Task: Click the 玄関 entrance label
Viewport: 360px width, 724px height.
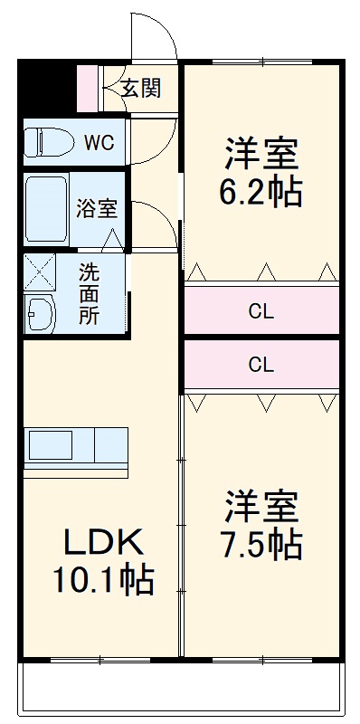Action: tap(142, 89)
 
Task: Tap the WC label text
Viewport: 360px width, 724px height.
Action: tap(98, 142)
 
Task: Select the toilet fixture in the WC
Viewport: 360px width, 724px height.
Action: tap(48, 142)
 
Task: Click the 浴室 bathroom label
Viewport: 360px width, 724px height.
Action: tap(96, 208)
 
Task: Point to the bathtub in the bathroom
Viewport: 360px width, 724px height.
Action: tap(46, 212)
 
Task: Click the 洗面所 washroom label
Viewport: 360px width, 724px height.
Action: tap(89, 294)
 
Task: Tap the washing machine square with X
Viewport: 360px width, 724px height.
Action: tap(39, 271)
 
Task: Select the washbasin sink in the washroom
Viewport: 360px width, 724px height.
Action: tap(40, 314)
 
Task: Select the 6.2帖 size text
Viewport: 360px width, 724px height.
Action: tap(261, 193)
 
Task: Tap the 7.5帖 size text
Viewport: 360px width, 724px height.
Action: tap(261, 545)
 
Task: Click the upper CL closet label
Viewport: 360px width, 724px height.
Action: tap(261, 313)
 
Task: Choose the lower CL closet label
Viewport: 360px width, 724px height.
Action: tap(261, 366)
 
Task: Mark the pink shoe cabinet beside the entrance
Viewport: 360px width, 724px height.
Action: tap(86, 88)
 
